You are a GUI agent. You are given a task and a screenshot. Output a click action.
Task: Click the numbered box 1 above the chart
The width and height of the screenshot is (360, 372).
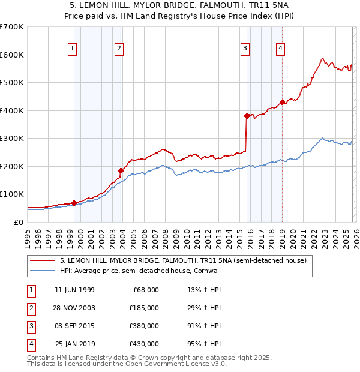[x=72, y=49]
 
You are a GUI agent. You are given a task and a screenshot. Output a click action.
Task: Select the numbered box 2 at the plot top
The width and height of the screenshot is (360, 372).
[x=119, y=49]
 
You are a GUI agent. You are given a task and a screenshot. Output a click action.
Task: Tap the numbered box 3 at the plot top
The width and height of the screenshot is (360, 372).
[x=245, y=49]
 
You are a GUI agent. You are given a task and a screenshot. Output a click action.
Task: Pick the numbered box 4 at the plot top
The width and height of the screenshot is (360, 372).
[x=280, y=49]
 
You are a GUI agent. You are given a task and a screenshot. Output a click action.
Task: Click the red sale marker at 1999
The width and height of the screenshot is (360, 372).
[x=74, y=203]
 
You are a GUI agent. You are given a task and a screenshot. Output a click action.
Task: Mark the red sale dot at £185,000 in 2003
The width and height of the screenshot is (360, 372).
[x=121, y=170]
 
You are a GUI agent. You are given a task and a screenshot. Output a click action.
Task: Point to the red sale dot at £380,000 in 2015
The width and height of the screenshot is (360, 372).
[x=247, y=116]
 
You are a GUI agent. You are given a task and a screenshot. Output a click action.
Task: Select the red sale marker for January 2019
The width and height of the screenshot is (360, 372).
[x=282, y=102]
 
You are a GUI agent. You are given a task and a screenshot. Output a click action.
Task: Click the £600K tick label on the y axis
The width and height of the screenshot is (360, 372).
[x=11, y=55]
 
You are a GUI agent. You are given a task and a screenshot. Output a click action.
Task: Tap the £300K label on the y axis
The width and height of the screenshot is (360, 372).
[x=11, y=139]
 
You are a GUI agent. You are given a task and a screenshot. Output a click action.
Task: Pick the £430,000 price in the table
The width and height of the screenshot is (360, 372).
[x=143, y=344]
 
